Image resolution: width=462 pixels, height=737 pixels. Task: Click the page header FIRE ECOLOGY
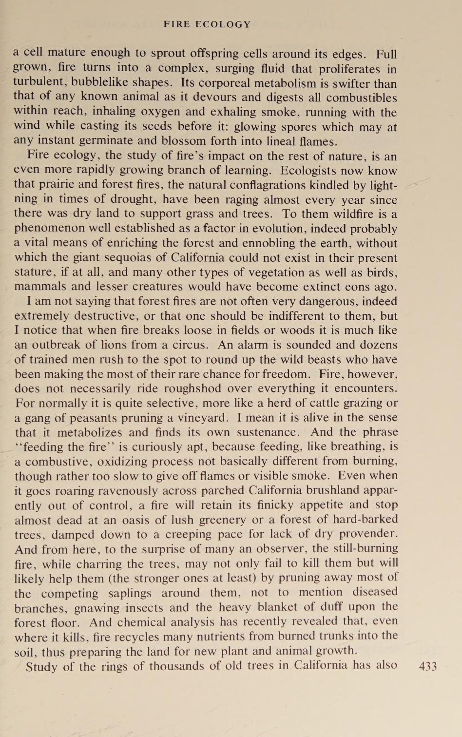(207, 24)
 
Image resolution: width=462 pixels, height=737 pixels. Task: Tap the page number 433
(428, 666)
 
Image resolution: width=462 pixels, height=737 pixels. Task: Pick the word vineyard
(202, 418)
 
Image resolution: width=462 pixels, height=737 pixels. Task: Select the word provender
(368, 534)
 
